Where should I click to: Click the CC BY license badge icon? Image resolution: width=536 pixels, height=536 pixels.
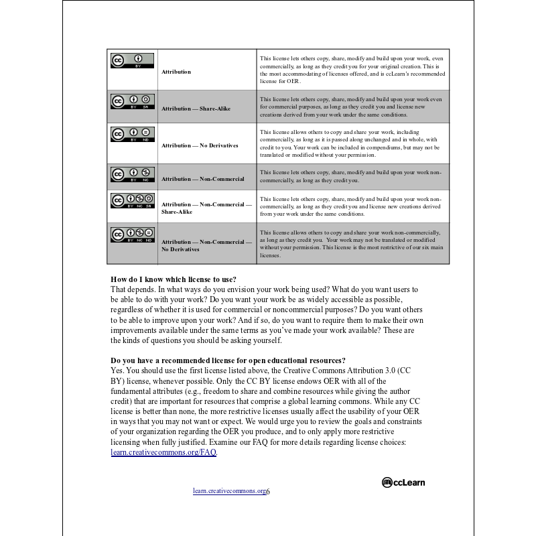tap(132, 60)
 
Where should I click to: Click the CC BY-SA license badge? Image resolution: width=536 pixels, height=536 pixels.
tap(132, 101)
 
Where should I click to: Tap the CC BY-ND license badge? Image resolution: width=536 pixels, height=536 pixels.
tap(132, 133)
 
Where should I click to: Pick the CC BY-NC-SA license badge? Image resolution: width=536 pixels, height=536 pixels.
tap(132, 200)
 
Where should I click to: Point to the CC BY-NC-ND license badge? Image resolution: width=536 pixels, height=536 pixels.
tap(132, 234)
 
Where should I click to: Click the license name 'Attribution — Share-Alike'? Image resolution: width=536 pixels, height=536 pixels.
tap(196, 108)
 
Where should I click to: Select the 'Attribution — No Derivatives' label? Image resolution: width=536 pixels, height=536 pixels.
tap(200, 145)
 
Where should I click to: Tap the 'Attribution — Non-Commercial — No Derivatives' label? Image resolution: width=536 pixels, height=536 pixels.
tap(206, 245)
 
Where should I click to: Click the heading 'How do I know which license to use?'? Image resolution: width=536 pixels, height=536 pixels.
tap(174, 279)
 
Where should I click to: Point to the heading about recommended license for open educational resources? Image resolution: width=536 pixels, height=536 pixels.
tap(228, 360)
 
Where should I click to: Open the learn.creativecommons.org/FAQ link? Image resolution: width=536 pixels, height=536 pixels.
tap(163, 452)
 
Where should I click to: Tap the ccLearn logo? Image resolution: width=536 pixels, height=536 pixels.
tap(403, 482)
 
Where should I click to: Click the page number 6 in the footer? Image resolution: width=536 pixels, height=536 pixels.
tap(268, 492)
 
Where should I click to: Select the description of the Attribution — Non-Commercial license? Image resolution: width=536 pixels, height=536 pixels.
tap(350, 176)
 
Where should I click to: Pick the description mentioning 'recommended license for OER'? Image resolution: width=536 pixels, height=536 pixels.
tap(350, 70)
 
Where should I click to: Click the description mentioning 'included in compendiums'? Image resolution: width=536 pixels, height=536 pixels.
tap(350, 143)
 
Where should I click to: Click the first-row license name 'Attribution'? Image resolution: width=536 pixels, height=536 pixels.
tap(176, 72)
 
